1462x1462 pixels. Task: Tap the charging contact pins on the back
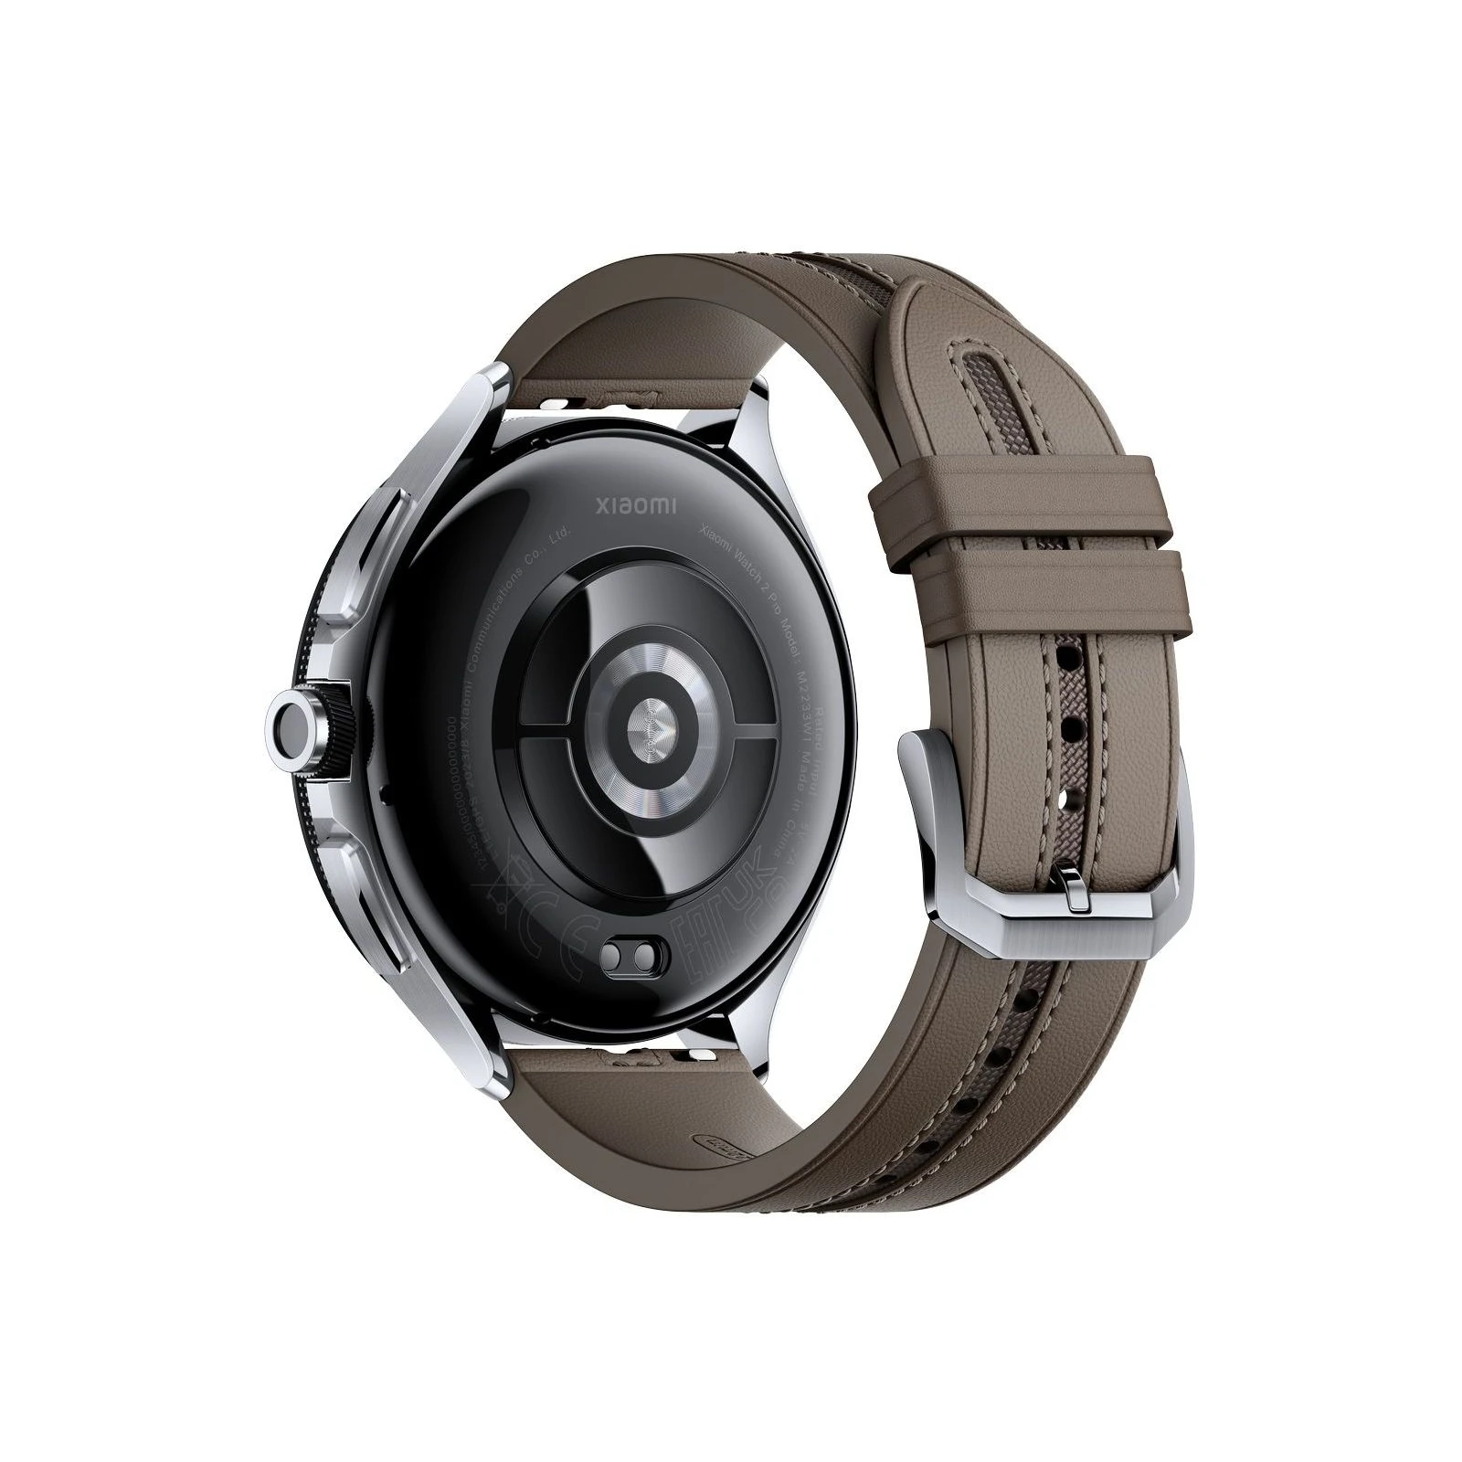630,953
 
